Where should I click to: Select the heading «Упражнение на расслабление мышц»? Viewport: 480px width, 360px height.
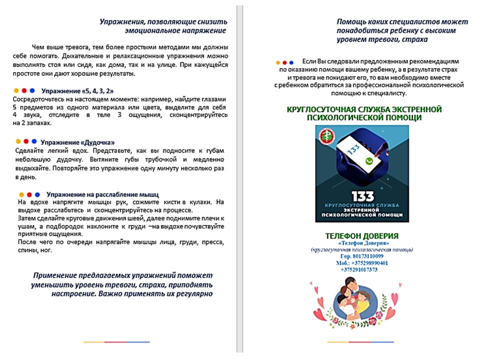(x=103, y=194)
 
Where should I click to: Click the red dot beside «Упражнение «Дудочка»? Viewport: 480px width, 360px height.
(x=26, y=141)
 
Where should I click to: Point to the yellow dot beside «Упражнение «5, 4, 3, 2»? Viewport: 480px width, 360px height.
(x=16, y=91)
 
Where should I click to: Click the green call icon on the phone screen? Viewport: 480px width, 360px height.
(x=369, y=161)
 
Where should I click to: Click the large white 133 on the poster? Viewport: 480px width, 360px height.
(x=362, y=196)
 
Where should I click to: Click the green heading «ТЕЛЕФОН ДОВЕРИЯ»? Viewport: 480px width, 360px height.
(x=361, y=236)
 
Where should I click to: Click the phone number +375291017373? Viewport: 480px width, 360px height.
(x=359, y=269)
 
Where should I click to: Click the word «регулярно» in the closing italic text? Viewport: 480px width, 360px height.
(x=195, y=294)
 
